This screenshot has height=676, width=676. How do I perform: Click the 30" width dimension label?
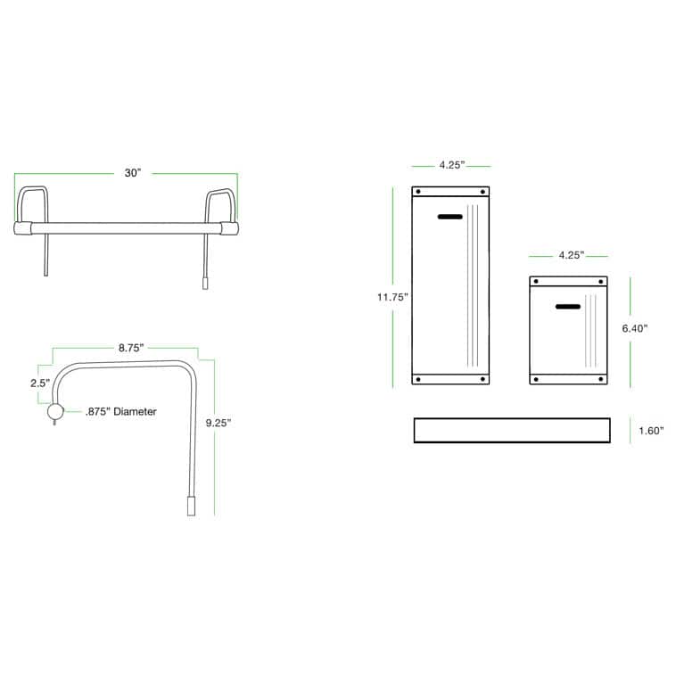pyautogui.click(x=133, y=173)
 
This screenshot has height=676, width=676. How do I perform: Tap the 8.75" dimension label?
pyautogui.click(x=131, y=348)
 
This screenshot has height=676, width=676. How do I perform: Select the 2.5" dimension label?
pyautogui.click(x=40, y=383)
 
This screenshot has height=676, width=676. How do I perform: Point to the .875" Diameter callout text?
pyautogui.click(x=121, y=411)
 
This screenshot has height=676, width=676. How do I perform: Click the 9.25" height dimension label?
pyautogui.click(x=218, y=423)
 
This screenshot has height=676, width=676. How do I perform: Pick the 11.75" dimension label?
pyautogui.click(x=392, y=297)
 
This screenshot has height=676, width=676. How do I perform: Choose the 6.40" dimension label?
pyautogui.click(x=635, y=328)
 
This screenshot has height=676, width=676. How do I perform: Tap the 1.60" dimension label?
pyautogui.click(x=651, y=430)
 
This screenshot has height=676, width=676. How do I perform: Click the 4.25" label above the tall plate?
pyautogui.click(x=452, y=165)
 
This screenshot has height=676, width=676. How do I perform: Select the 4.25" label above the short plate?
pyautogui.click(x=572, y=255)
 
